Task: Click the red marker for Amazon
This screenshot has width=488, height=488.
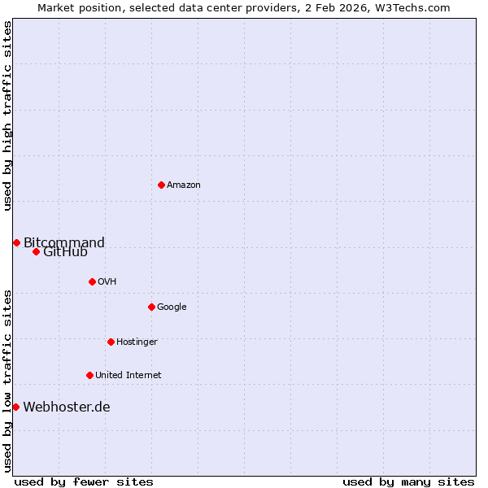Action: click(161, 185)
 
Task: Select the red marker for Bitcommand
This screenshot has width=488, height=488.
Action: click(16, 242)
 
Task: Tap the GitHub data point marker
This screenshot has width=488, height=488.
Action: click(36, 251)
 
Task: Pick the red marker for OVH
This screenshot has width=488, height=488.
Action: click(92, 281)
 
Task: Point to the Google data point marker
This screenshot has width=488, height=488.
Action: click(151, 307)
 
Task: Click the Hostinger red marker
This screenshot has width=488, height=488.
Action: click(111, 342)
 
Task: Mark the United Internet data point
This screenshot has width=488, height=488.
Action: click(89, 375)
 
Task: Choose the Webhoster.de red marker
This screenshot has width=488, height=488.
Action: click(15, 407)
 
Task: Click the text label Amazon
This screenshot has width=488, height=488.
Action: click(184, 185)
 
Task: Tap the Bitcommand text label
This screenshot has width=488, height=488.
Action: click(64, 242)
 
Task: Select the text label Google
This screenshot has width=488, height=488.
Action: click(172, 307)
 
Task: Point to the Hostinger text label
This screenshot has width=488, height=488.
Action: click(137, 342)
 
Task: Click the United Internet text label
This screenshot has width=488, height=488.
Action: click(128, 375)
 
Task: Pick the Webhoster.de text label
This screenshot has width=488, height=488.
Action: click(67, 407)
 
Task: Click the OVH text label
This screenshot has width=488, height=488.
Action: click(107, 281)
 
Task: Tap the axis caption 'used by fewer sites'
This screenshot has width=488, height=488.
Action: click(84, 481)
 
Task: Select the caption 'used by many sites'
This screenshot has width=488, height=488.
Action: click(408, 481)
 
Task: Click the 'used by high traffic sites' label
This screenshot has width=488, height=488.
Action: click(7, 115)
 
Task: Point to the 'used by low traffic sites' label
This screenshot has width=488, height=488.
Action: click(7, 380)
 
